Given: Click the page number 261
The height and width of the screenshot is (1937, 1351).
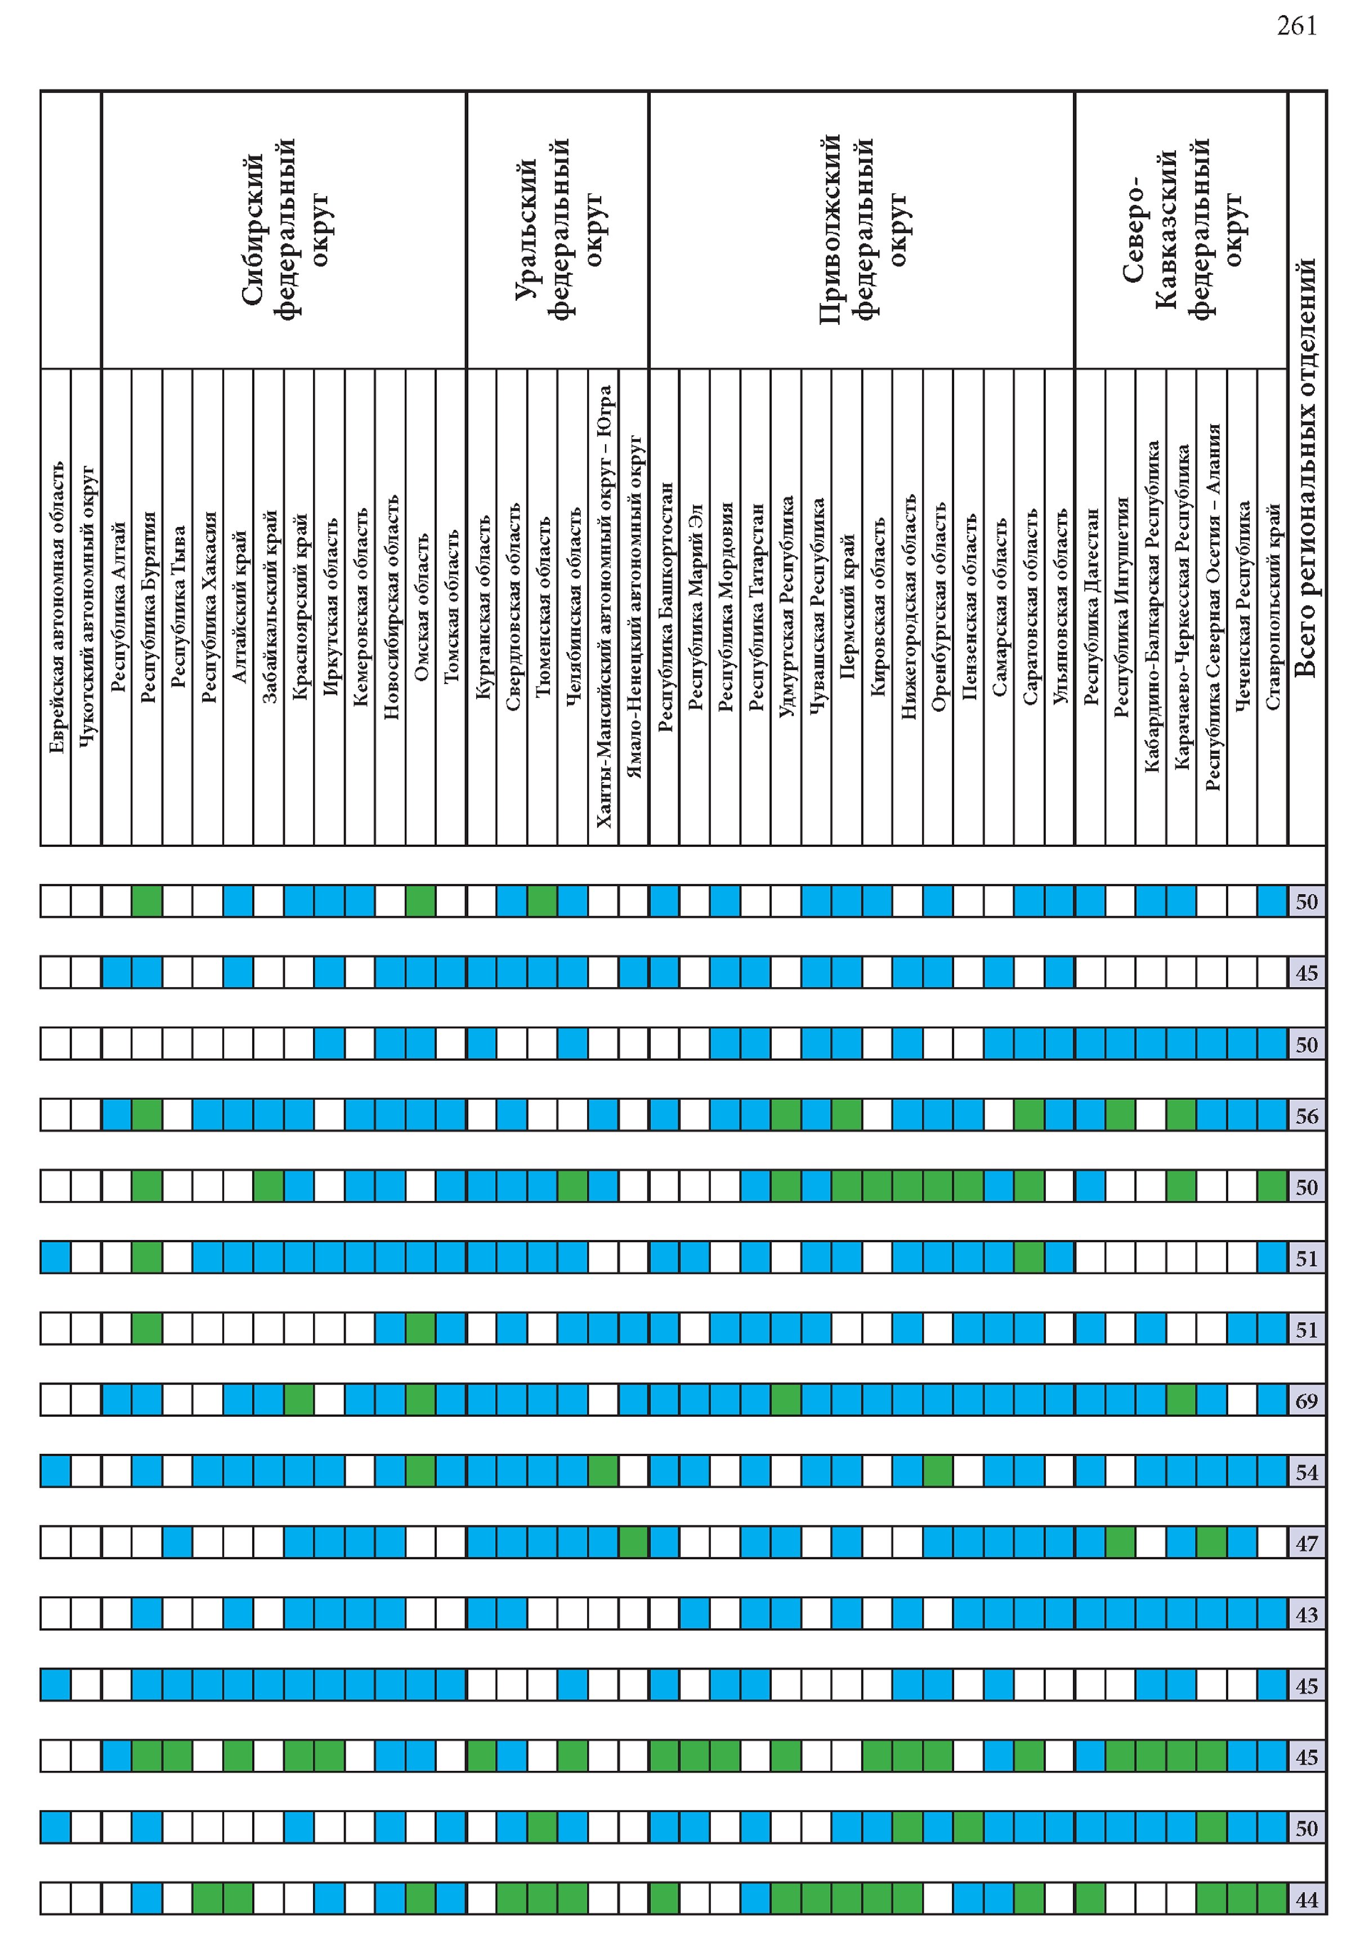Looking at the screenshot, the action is click(1296, 26).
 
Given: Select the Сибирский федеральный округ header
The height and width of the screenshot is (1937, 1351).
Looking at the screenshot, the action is click(283, 229).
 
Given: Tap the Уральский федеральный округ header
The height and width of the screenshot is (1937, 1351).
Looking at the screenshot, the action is click(557, 229).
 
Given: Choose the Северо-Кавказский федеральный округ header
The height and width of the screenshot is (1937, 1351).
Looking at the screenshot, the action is click(1180, 229).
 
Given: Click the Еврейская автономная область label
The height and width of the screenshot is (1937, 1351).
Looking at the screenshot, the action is click(56, 608).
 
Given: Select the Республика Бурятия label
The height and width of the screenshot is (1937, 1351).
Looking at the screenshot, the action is click(147, 608).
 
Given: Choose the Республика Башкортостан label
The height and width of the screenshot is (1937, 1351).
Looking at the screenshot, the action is click(665, 608).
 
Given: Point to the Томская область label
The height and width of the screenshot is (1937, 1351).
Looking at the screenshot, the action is click(451, 608).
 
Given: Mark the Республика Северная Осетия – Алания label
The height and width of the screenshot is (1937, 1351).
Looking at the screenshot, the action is click(1212, 608).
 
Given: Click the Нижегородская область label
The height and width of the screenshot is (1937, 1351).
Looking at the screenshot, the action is click(907, 608).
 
